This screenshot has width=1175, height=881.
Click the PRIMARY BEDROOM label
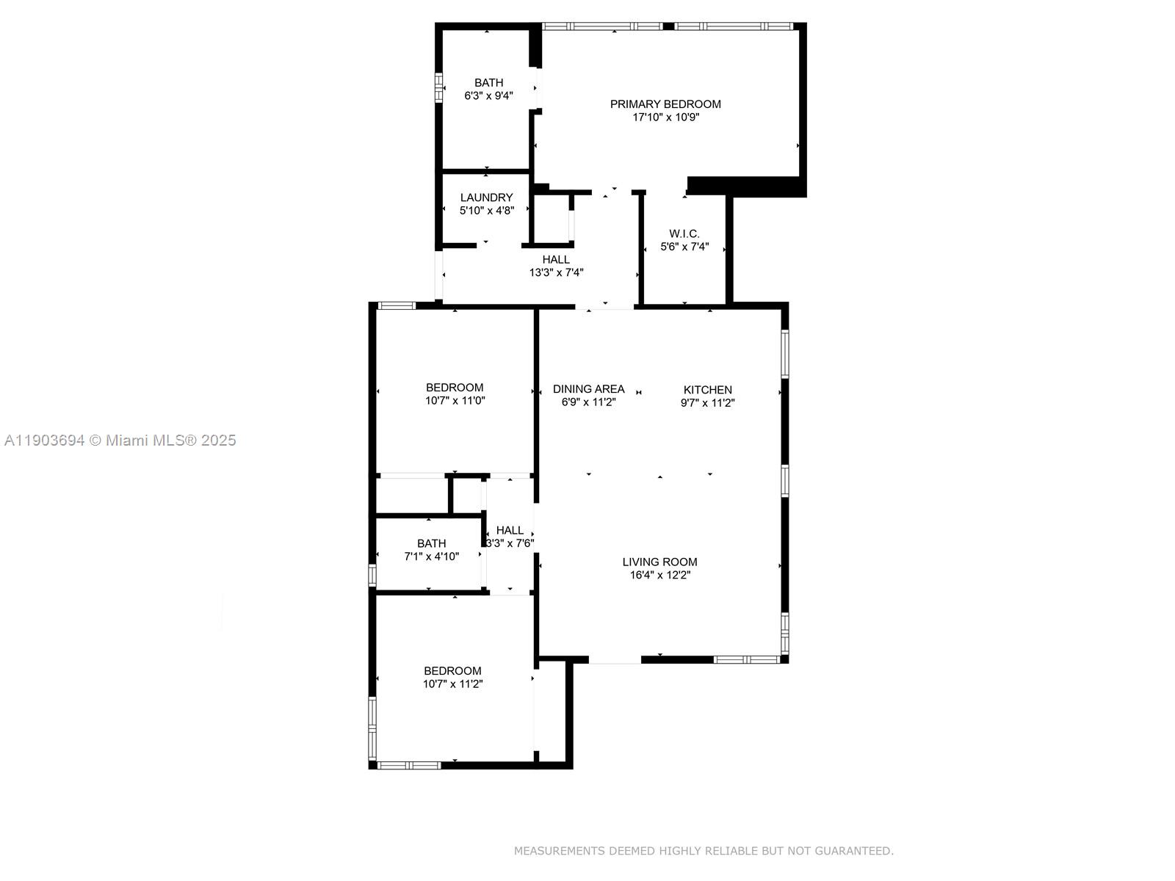[x=665, y=104]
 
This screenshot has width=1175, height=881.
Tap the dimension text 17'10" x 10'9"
[x=665, y=117]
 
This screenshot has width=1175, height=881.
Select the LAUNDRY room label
[x=486, y=197]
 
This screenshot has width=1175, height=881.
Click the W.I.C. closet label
[x=684, y=233]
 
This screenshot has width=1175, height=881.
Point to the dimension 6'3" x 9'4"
[x=488, y=95]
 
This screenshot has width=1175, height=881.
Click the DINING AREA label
[x=588, y=389]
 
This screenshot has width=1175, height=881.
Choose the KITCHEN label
[x=707, y=390]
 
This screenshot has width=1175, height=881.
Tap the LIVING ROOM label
[x=659, y=562]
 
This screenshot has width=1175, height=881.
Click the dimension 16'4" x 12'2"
[x=659, y=576]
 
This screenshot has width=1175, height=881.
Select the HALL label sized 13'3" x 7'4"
[x=556, y=260]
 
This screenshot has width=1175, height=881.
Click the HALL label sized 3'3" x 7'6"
[x=510, y=530]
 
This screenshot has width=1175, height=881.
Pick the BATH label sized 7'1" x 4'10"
[x=431, y=543]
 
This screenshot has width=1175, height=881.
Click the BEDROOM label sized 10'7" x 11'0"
[x=455, y=388]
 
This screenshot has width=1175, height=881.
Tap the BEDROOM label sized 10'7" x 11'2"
[x=452, y=671]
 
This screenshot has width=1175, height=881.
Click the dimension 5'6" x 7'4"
[x=684, y=247]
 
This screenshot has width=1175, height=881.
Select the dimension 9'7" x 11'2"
[x=707, y=403]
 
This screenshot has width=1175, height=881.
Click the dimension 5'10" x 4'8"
[x=486, y=211]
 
